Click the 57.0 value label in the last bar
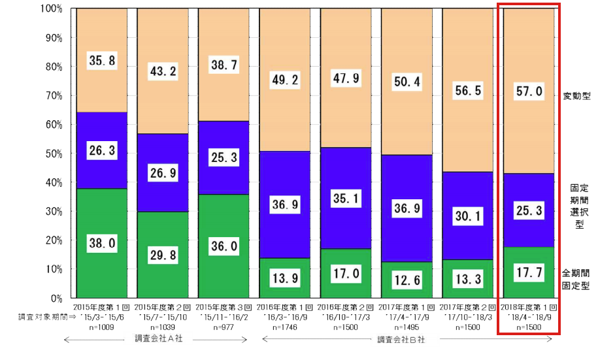click(x=529, y=92)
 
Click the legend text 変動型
click(x=577, y=96)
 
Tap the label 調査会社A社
click(x=155, y=339)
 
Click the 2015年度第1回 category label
click(x=101, y=307)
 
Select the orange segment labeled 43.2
click(x=163, y=71)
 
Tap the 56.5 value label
click(x=469, y=91)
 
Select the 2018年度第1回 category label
click(x=529, y=307)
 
